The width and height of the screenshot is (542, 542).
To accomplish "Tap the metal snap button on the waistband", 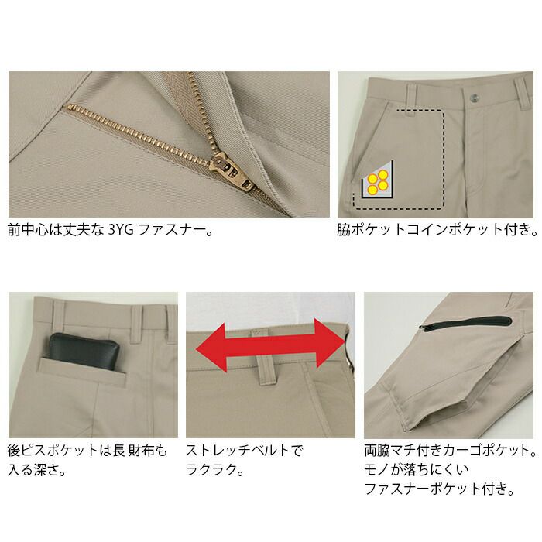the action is pos(475,98).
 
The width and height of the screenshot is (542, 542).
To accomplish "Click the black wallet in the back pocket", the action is pos(84,352).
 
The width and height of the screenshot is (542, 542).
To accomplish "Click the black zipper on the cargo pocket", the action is pos(465,323).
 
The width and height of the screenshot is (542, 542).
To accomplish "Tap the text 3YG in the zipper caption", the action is pos(121,229).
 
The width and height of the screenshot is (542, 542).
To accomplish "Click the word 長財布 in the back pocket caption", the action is pos(133,451).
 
